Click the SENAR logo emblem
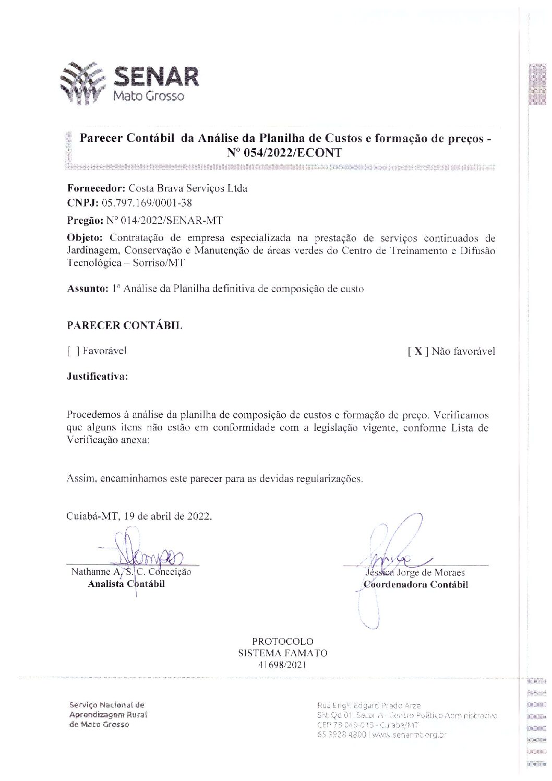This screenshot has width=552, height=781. point(83,83)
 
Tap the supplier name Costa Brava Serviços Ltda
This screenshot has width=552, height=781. point(187,188)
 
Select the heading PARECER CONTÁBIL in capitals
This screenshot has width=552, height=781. point(125,326)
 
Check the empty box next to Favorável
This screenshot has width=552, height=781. point(73,351)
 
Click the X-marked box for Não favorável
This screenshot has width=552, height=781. point(418,352)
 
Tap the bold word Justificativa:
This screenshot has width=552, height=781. point(98,376)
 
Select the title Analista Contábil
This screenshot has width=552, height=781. point(126,584)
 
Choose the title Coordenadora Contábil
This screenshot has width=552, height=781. point(416,584)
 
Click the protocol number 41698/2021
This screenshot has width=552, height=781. point(282,665)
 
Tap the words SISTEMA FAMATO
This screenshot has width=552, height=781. point(283,653)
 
